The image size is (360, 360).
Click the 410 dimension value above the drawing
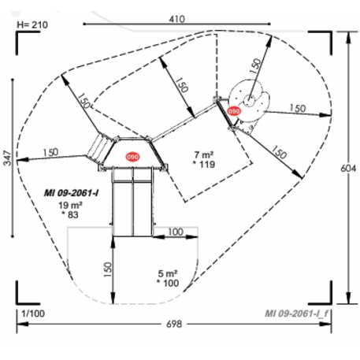176,19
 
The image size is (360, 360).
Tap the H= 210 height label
32,25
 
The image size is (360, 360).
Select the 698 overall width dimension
174,324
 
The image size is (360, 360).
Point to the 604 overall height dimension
348,168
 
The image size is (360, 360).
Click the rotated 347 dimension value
8,158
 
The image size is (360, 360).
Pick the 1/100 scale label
33,314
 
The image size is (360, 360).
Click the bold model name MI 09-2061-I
72,193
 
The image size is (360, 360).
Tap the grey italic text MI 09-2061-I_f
296,314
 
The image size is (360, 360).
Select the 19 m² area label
70,205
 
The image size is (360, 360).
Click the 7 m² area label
204,154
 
